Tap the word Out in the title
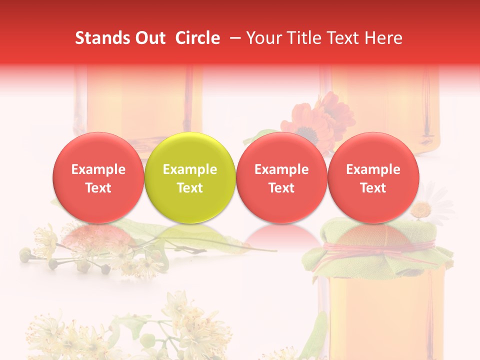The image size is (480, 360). (148, 38)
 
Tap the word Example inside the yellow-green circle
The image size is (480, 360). (190, 169)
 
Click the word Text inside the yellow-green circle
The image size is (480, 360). (190, 188)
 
